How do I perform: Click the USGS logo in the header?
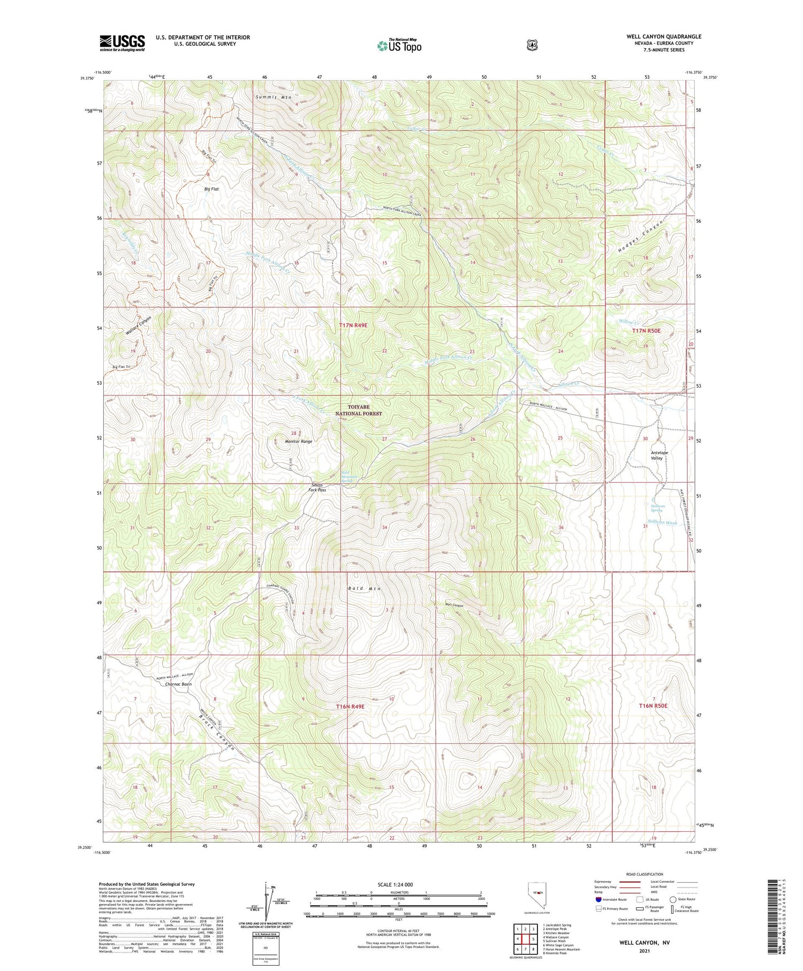(122, 43)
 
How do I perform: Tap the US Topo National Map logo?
(399, 46)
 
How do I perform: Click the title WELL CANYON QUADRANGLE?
(663, 36)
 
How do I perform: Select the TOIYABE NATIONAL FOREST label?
(358, 410)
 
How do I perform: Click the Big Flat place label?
(211, 189)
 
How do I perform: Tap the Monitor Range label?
(299, 441)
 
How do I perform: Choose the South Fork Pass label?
(317, 487)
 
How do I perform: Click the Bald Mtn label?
(364, 589)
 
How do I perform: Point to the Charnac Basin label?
(178, 684)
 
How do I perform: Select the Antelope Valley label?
(657, 455)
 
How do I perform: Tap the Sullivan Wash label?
(662, 523)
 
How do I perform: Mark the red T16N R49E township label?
(350, 706)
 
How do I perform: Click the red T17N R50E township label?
(646, 331)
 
